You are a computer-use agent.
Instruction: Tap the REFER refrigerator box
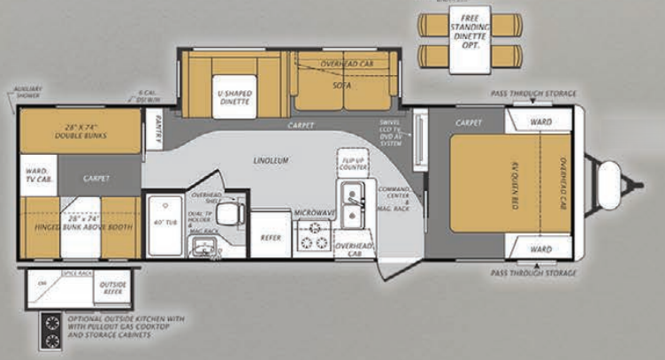pos(270,237)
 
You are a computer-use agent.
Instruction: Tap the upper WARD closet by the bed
pos(541,121)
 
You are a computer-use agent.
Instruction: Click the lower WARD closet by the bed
pos(541,249)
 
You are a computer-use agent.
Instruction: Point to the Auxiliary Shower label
pos(28,93)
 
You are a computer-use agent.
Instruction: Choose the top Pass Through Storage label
pos(534,94)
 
